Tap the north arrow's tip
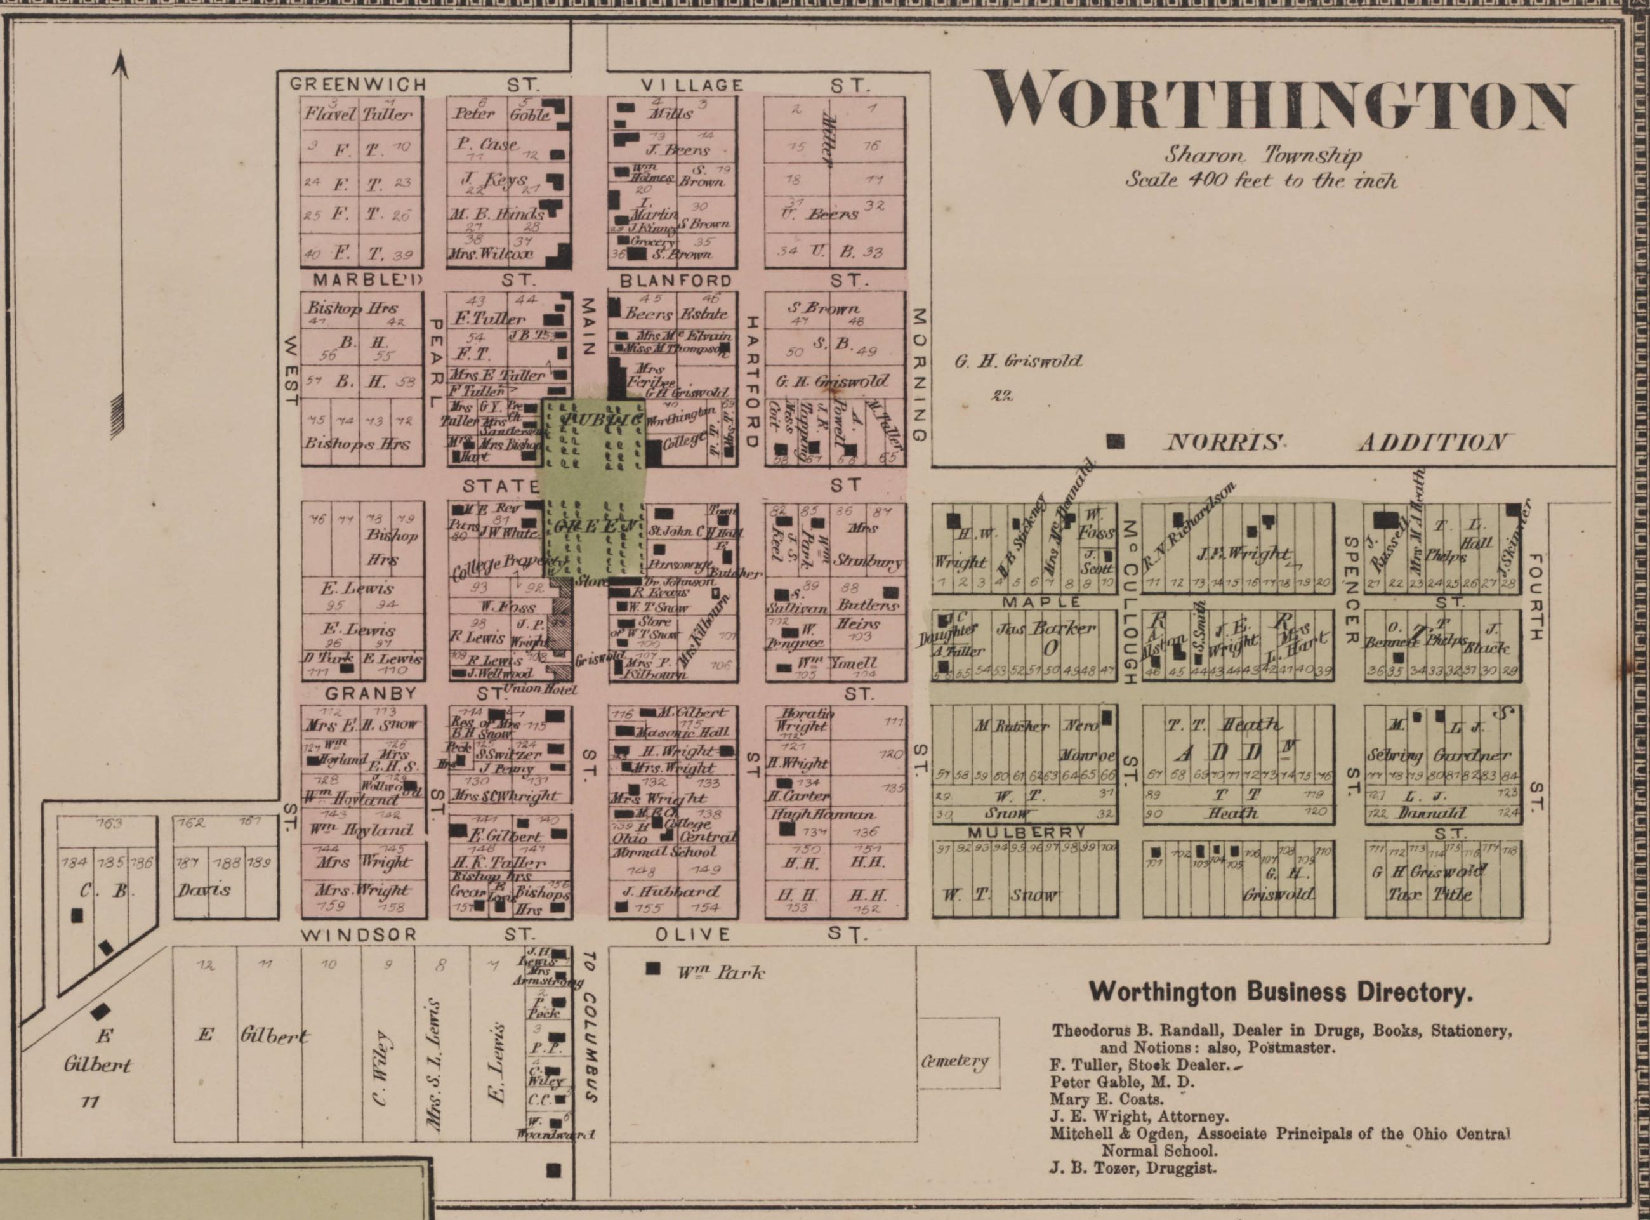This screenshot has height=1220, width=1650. [x=119, y=57]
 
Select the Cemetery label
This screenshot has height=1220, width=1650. [x=954, y=1061]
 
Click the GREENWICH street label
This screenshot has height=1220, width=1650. [x=358, y=84]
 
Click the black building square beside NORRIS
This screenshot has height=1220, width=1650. [x=1116, y=442]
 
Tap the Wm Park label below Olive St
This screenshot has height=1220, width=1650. [x=720, y=972]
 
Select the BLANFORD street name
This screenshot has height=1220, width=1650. [x=675, y=281]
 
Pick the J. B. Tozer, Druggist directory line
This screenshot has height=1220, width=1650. [x=1133, y=1167]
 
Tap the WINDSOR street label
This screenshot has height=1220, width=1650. [x=360, y=934]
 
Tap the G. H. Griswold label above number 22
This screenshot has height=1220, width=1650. [x=1018, y=361]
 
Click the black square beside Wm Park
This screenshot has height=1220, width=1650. [x=652, y=968]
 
